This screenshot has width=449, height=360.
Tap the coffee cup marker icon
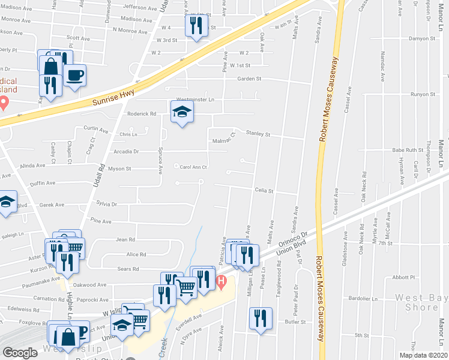[x=74, y=76]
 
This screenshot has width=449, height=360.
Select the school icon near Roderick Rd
[x=182, y=112]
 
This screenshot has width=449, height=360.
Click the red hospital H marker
[x=221, y=280]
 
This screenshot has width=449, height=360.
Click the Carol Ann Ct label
[x=193, y=167]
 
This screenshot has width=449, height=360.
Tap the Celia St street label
[x=264, y=191]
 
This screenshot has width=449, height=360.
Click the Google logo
[x=20, y=353]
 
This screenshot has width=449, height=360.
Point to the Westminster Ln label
[x=187, y=100]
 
